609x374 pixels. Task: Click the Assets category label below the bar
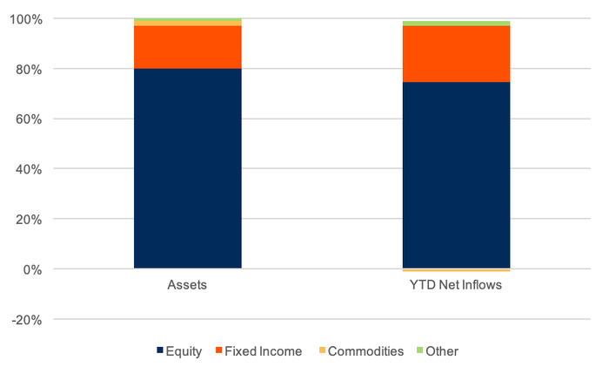point(187,286)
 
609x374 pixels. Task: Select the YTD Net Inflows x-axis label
point(456,286)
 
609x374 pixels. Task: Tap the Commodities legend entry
point(363,351)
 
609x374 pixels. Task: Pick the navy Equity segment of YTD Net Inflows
point(456,174)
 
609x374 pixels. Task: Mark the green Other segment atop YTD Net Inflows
point(456,24)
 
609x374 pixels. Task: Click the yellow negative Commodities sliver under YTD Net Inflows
point(456,270)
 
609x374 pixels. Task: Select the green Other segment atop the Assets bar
point(187,19)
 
